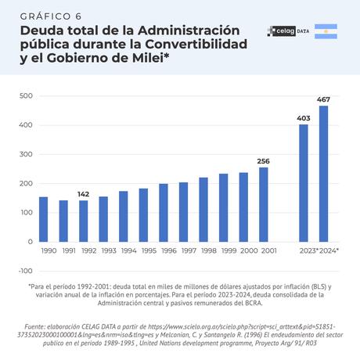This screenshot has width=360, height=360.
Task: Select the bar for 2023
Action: point(304,183)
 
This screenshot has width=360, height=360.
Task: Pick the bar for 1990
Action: point(44,219)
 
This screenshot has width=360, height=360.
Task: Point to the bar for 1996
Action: point(164,213)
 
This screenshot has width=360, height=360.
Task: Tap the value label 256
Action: point(264,160)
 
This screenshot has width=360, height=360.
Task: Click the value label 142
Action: point(84,193)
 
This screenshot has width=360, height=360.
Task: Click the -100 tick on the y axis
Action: point(23,271)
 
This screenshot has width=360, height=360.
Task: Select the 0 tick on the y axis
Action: point(29,242)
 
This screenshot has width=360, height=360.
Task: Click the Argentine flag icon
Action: point(326,31)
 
